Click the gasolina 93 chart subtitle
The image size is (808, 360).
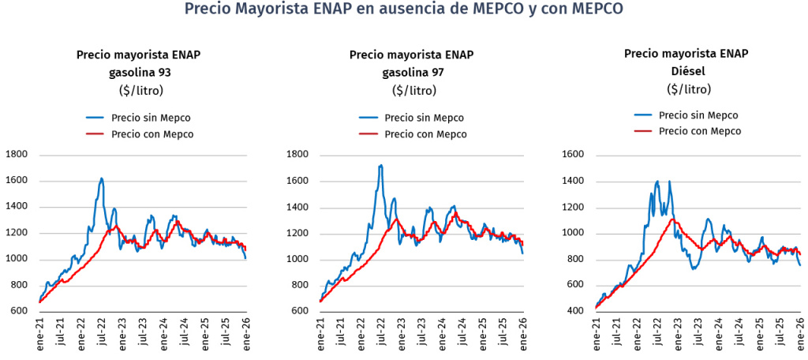pyautogui.click(x=139, y=72)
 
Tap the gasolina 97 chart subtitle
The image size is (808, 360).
pyautogui.click(x=412, y=72)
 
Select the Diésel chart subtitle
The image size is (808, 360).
pyautogui.click(x=686, y=71)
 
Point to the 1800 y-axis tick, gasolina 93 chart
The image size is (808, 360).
pyautogui.click(x=17, y=155)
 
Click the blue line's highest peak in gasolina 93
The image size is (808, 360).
pyautogui.click(x=102, y=179)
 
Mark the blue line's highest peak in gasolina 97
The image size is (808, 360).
pyautogui.click(x=381, y=166)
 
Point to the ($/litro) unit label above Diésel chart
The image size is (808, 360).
pyautogui.click(x=686, y=88)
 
